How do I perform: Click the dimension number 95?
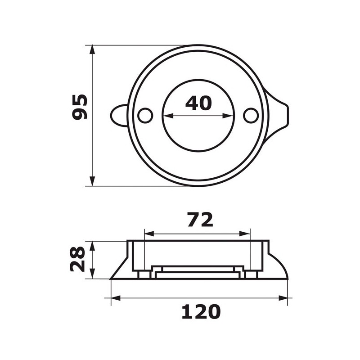tap(80, 107)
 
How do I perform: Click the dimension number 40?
tap(198, 103)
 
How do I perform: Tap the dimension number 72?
tap(199, 220)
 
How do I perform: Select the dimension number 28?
tap(77, 259)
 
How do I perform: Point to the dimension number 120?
tap(201, 311)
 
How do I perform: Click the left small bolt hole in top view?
tap(145, 116)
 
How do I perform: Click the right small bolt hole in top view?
tap(251, 116)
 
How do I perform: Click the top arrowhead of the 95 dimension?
tap(92, 49)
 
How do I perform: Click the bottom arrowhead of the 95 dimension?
tap(92, 182)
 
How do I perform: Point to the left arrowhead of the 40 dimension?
tap(166, 116)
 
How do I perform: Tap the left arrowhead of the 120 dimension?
tap(115, 298)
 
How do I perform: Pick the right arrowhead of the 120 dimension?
tap(283, 298)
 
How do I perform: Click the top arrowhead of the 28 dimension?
tap(92, 244)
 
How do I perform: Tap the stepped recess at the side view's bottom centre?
tap(198, 272)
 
